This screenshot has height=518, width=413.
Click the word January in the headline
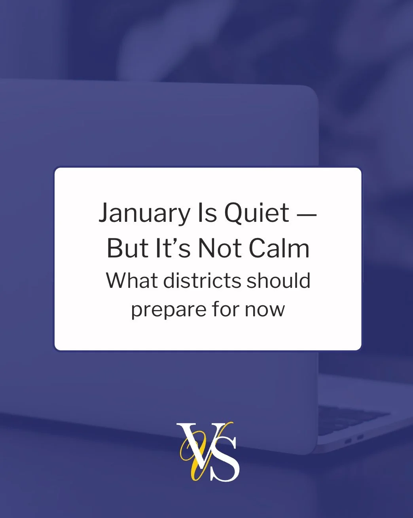pyautogui.click(x=144, y=213)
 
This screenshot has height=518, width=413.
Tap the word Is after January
pyautogui.click(x=206, y=213)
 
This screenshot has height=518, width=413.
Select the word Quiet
pyautogui.click(x=257, y=213)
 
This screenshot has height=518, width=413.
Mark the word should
pyautogui.click(x=278, y=280)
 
